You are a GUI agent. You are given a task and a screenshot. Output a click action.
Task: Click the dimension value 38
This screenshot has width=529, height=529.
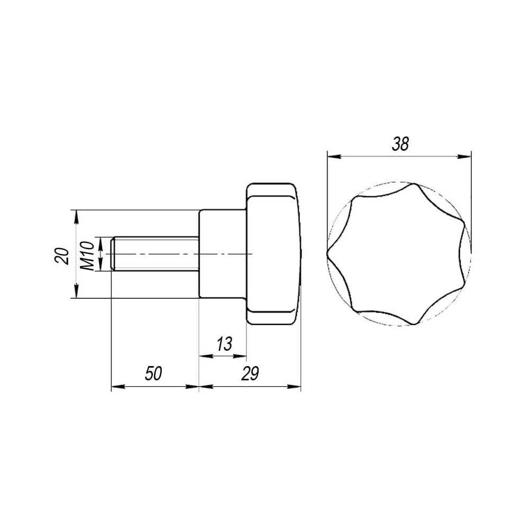pos(400,144)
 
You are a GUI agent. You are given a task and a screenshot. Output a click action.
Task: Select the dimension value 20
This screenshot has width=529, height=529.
pos(62,256)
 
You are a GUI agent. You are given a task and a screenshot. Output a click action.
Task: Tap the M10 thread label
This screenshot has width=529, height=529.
pos(87,256)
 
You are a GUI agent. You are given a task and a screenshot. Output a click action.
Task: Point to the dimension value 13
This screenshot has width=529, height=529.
pos(224,344)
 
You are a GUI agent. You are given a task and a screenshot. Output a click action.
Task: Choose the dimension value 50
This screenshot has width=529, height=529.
pos(153,373)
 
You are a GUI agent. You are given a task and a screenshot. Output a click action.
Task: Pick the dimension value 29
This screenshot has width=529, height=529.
pos(250,373)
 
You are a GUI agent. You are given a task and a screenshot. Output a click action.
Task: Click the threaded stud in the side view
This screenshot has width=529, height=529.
pos(155,254)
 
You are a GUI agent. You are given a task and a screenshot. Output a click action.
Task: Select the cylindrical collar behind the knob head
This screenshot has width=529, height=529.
pos(223,254)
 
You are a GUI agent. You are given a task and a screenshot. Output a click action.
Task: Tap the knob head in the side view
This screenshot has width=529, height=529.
pos(273,254)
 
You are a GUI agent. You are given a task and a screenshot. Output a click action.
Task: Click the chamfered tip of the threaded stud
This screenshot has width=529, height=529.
pos(113,254)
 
